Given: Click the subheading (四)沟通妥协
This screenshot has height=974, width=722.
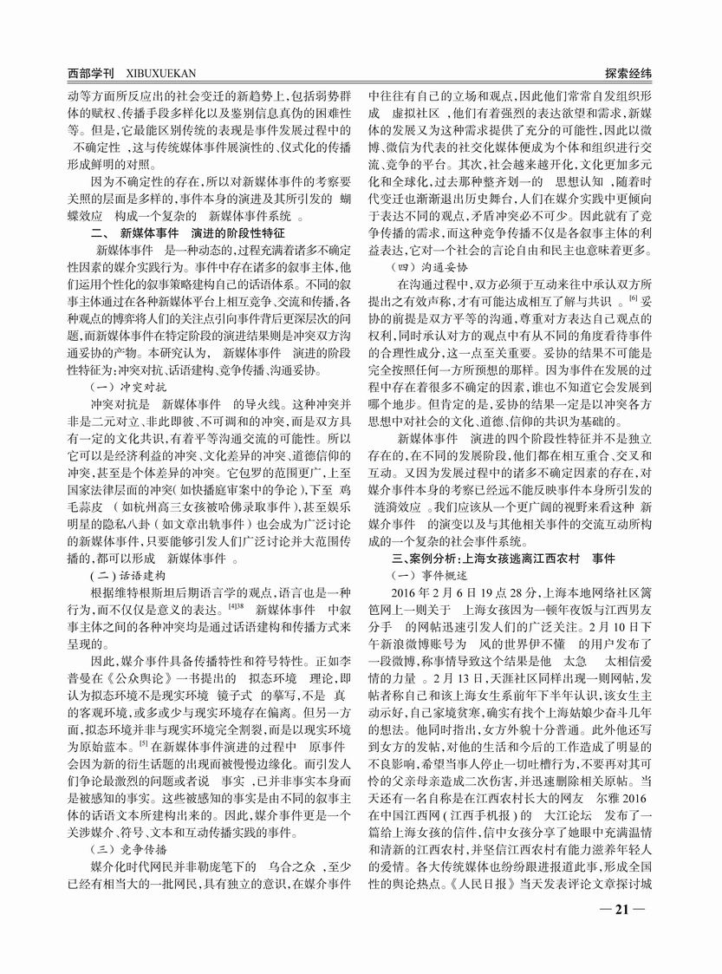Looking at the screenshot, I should [x=424, y=265].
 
